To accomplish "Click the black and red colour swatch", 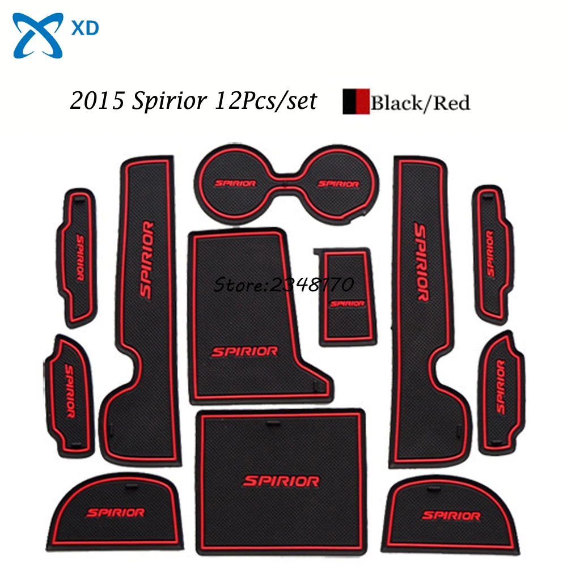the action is tap(356, 103).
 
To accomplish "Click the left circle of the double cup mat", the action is tap(234, 183).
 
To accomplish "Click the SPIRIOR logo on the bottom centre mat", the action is tap(281, 481).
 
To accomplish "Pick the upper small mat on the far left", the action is tap(79, 258).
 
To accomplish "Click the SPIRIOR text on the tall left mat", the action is tap(146, 260).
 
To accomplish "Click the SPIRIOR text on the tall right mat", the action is tap(421, 261).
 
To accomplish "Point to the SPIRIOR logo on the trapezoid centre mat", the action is tap(244, 351).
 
